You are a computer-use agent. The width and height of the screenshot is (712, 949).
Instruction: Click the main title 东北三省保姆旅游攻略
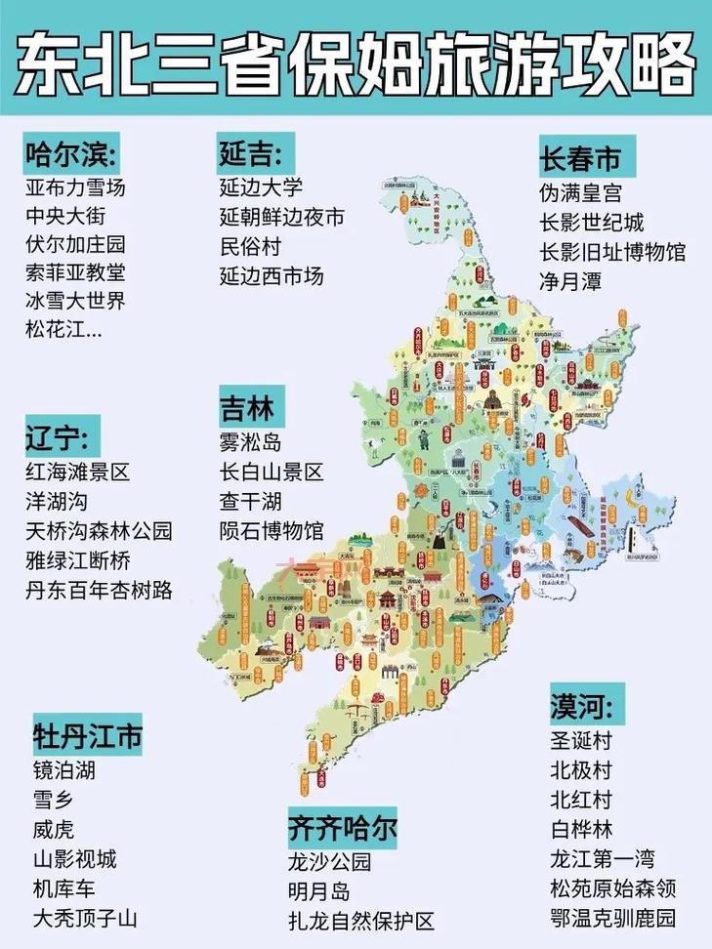(x=356, y=61)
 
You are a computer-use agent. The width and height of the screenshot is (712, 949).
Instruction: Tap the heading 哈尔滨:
(x=70, y=154)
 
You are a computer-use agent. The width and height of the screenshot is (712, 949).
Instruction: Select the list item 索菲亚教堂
(x=75, y=272)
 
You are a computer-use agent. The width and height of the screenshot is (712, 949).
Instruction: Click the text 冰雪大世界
(x=75, y=301)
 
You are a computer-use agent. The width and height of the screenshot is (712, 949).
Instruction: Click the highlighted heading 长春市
(x=580, y=159)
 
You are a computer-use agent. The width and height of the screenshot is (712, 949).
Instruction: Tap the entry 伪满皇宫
(x=580, y=194)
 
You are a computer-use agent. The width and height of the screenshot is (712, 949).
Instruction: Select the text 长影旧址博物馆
(x=612, y=252)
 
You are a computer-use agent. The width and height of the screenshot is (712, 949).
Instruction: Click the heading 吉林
(x=246, y=406)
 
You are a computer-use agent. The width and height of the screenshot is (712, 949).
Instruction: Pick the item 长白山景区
(x=272, y=474)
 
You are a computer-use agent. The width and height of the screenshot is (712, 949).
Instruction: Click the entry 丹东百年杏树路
(x=99, y=591)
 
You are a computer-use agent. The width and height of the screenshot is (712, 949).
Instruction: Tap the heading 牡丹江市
(x=87, y=735)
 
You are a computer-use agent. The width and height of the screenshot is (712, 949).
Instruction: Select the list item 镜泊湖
(x=64, y=770)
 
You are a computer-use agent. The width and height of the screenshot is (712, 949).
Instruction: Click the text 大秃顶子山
(x=86, y=918)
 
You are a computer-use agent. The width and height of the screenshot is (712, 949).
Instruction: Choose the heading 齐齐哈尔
(x=342, y=828)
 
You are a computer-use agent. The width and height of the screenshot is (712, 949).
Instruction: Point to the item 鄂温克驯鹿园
(x=612, y=918)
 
